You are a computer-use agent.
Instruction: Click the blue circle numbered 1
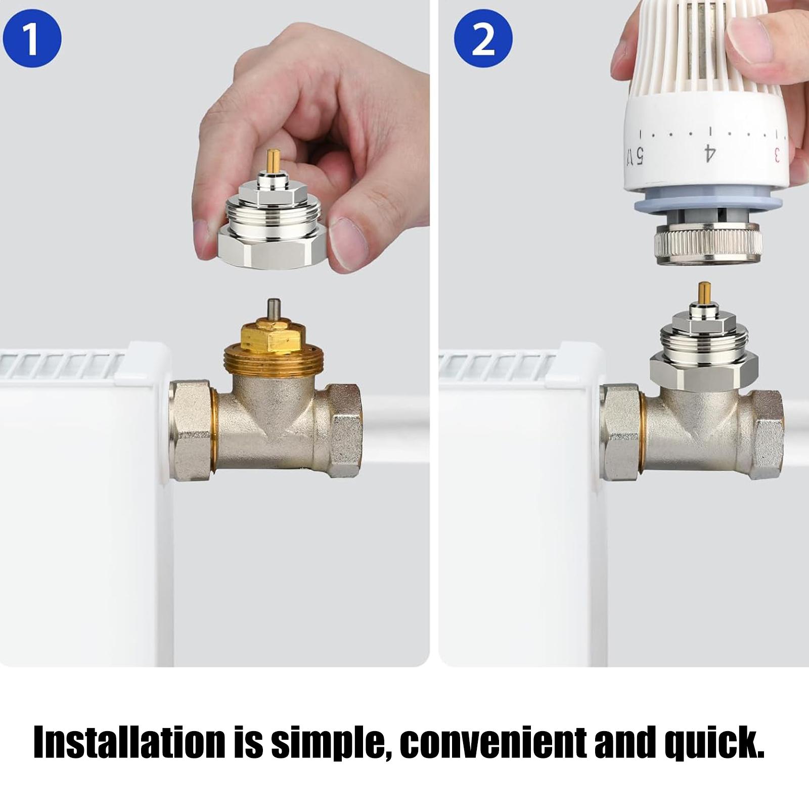[32, 38]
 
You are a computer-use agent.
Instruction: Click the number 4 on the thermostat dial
[710, 153]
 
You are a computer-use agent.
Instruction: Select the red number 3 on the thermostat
[777, 154]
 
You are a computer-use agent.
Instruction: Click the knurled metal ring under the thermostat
[708, 245]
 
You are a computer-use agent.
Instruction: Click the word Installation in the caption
[129, 743]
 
